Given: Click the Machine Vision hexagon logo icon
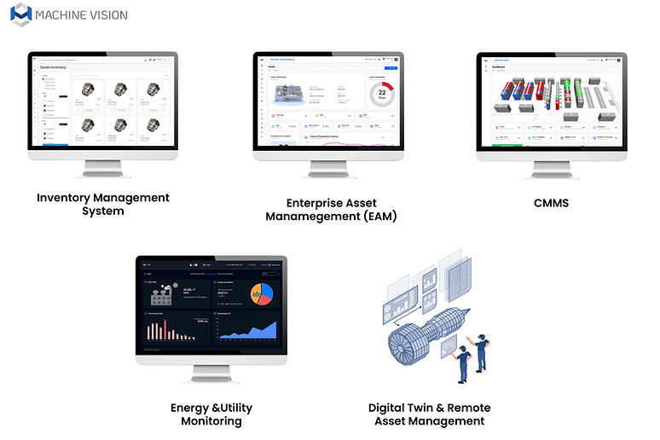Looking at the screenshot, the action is point(21,14).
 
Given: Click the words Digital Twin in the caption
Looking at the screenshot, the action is point(401,408).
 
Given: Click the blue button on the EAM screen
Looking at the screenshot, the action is point(391,67).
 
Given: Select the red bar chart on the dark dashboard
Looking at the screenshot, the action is point(175,331).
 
